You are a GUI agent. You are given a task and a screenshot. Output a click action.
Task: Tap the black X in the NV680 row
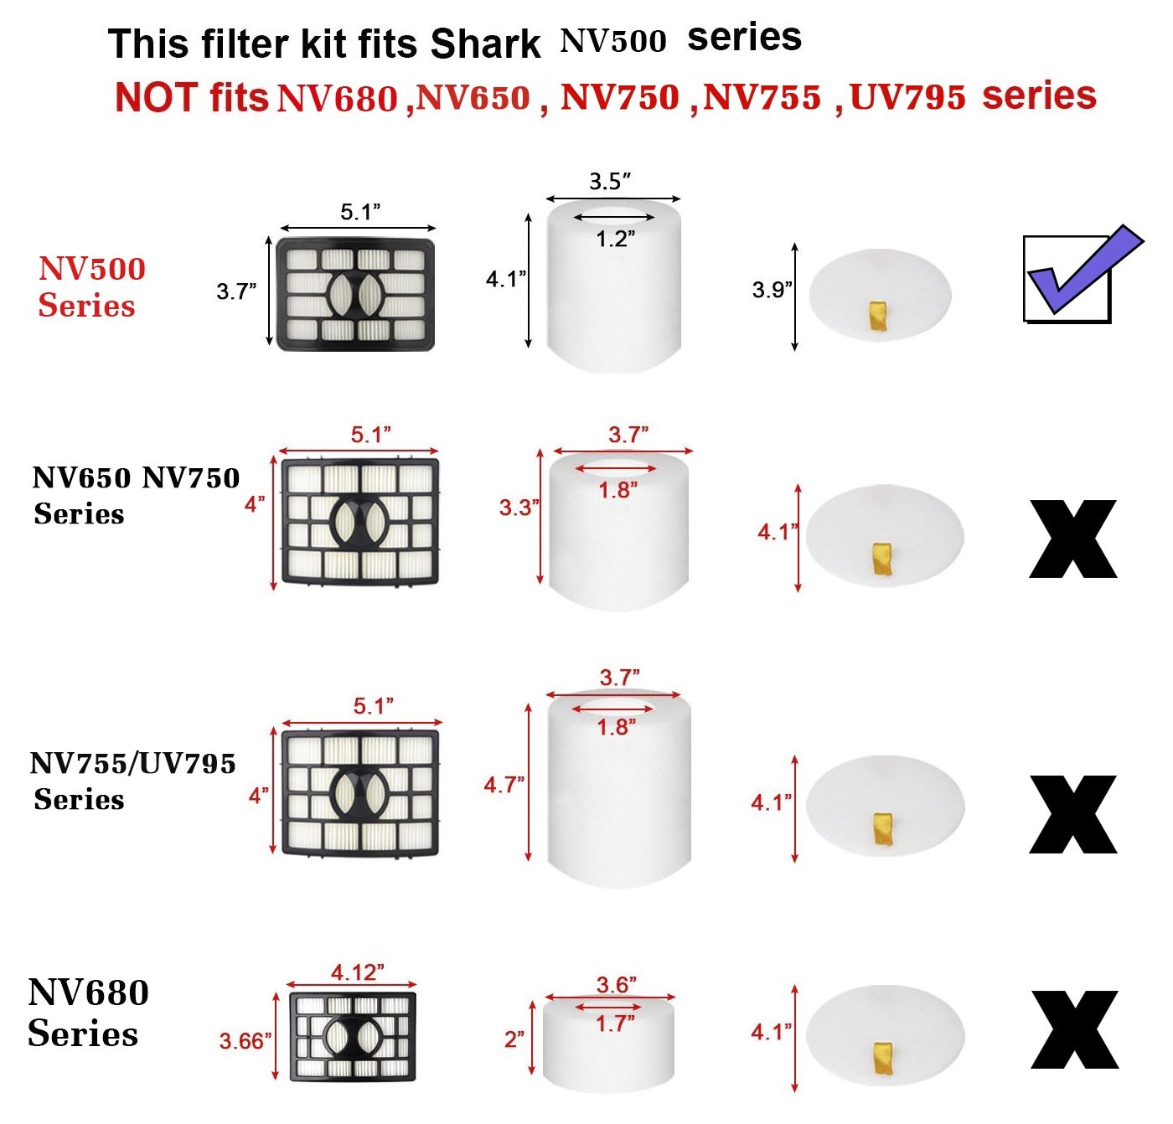[1074, 1030]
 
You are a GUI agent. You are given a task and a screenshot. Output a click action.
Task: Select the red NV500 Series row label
[90, 286]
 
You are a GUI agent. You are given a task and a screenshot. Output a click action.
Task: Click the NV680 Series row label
[87, 1013]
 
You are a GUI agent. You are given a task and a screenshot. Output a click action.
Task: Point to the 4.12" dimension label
[357, 972]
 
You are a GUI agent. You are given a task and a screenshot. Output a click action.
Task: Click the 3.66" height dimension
[245, 1041]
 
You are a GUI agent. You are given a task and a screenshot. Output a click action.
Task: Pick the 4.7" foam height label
[504, 785]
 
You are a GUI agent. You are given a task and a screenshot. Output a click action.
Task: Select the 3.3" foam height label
[519, 508]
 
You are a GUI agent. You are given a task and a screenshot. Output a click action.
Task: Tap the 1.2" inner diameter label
[615, 240]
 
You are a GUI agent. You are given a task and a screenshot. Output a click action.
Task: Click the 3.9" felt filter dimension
[771, 291]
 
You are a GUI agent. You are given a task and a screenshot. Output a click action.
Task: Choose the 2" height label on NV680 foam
[514, 1039]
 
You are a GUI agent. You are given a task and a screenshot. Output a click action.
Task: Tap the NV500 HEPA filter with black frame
[356, 295]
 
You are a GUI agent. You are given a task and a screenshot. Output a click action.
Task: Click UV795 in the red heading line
[908, 97]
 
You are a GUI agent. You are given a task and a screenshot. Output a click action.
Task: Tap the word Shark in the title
[485, 44]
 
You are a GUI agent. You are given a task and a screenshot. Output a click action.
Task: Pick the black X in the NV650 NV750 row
[1072, 539]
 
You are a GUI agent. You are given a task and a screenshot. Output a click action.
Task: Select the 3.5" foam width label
[609, 182]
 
